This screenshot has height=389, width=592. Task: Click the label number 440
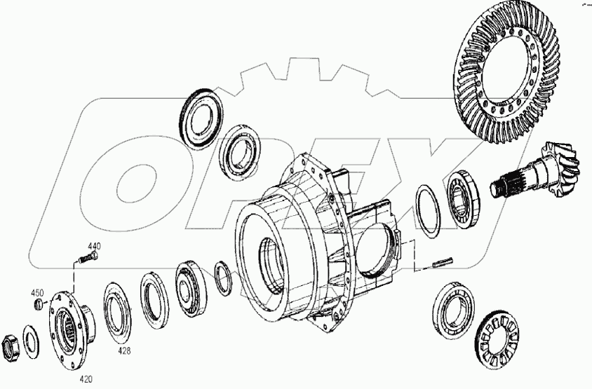(94, 246)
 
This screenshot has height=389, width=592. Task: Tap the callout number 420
(85, 379)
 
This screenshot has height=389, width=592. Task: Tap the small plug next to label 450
(41, 304)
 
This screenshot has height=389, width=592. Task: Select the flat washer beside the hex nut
(31, 339)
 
